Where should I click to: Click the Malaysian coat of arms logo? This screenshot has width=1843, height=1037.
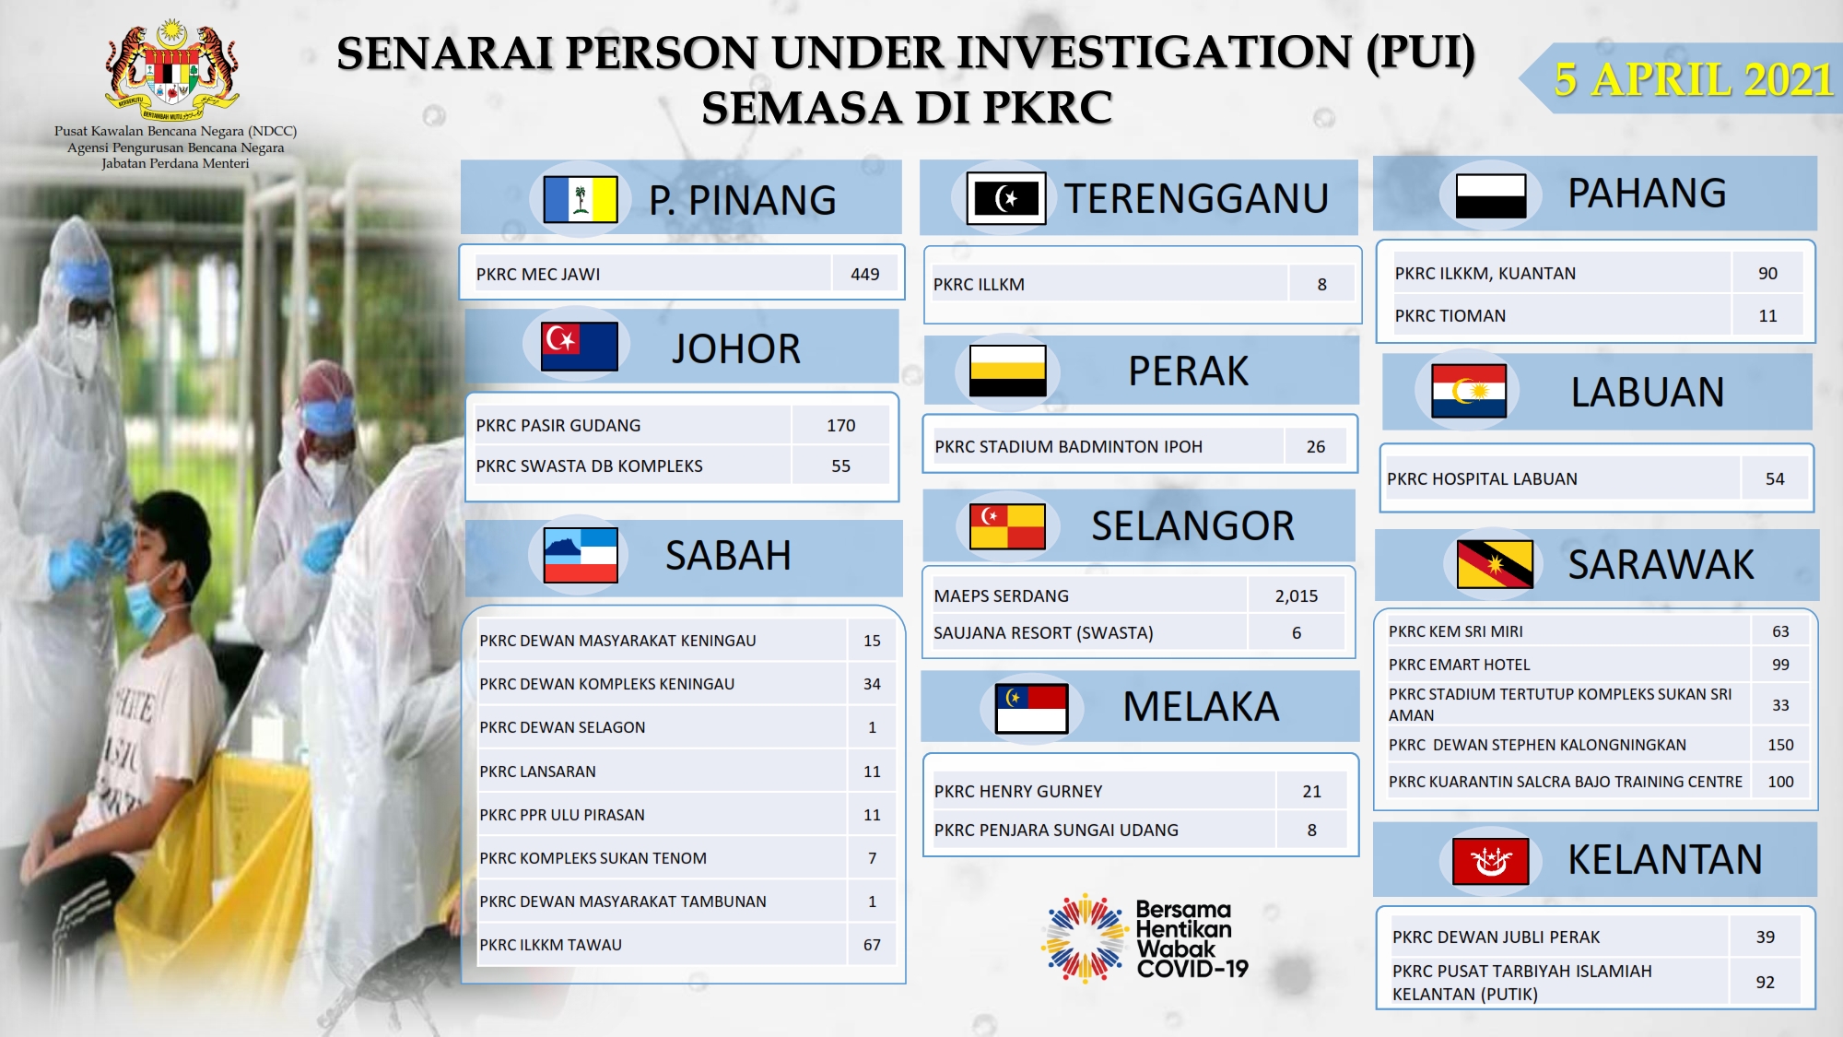172,70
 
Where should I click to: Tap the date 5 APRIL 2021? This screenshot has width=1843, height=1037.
1694,79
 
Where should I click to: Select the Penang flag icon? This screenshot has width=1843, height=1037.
581,199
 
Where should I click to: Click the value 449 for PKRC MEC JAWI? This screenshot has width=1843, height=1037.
864,274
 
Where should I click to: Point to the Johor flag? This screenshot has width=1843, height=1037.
580,346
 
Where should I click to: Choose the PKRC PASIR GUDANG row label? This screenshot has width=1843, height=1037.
558,425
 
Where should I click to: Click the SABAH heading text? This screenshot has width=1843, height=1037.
728,556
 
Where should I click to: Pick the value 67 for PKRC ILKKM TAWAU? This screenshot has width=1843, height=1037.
872,945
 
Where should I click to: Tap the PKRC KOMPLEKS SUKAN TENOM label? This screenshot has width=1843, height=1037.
593,858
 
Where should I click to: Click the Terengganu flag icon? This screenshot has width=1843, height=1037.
1006,198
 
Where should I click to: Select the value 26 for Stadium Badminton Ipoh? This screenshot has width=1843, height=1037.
1316,446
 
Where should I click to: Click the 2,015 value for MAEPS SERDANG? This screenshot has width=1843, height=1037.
1297,596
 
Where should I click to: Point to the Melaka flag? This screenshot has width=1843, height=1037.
1032,708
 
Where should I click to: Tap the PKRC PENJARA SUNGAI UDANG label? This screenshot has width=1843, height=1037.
1056,830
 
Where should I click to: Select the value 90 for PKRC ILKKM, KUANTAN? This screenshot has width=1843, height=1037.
1767,273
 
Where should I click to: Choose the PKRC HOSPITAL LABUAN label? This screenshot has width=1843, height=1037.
1482,478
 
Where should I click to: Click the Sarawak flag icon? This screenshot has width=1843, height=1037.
1495,564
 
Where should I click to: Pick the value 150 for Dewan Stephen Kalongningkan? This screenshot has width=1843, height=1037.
1780,745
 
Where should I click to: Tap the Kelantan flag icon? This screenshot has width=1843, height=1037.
1490,861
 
